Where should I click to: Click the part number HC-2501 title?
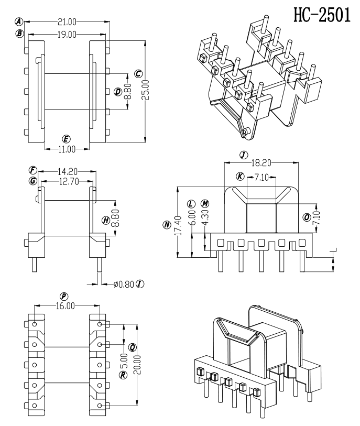(x=322, y=15)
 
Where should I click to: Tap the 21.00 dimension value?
(x=67, y=22)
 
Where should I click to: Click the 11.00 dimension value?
(x=67, y=149)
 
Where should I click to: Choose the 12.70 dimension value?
(x=67, y=181)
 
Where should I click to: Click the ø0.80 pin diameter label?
(x=124, y=284)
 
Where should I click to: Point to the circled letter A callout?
(x=19, y=22)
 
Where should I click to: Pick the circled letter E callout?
(x=66, y=139)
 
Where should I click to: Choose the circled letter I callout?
(x=139, y=284)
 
